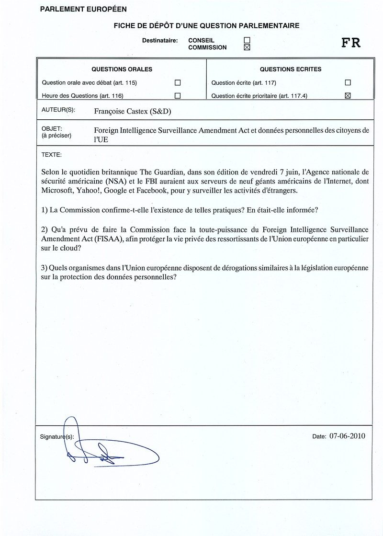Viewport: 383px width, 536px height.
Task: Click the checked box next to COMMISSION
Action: (247, 47)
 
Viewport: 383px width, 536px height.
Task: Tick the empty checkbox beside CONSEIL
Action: (247, 40)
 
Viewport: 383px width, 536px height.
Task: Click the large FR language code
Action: (351, 43)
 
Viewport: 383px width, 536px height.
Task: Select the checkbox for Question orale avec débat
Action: (178, 82)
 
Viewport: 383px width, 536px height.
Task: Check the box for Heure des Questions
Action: (178, 95)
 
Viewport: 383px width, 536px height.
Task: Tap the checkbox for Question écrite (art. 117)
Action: (348, 82)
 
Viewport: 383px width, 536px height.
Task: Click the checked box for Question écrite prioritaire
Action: (348, 95)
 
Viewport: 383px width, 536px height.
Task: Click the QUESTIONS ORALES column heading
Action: (122, 69)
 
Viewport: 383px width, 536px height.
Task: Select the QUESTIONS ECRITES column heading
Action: (291, 69)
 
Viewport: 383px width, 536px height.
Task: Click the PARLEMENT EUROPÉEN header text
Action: (83, 9)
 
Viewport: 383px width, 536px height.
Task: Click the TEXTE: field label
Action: (51, 155)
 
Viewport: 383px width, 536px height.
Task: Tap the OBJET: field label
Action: (52, 128)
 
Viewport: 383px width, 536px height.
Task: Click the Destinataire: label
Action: (160, 41)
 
